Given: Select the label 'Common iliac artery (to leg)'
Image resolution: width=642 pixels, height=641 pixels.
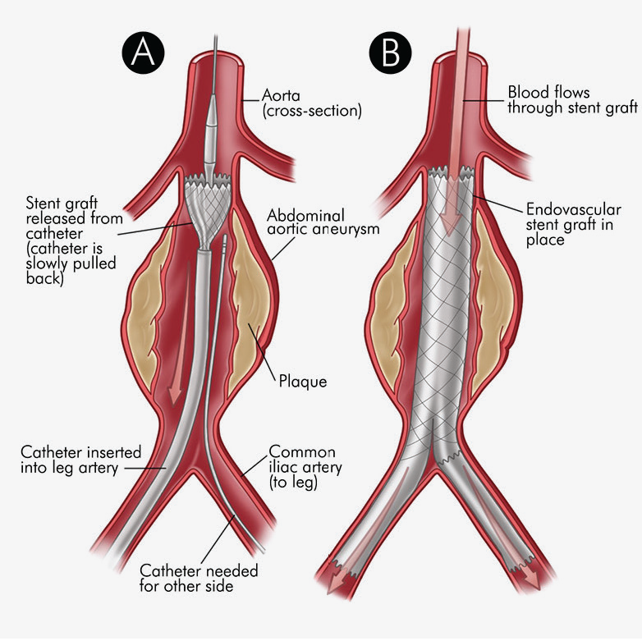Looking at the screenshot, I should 305,467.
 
